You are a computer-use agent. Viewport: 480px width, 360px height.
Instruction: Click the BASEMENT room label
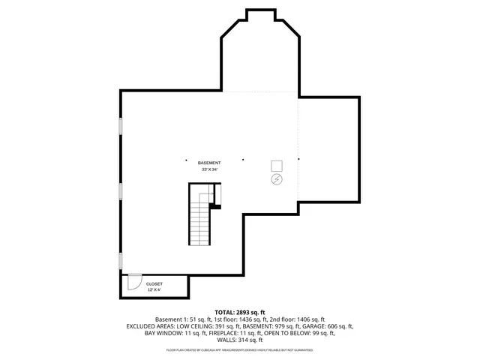point(209,163)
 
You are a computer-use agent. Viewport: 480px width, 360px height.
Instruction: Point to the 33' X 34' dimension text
point(209,170)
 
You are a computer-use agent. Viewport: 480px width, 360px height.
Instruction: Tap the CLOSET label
point(154,284)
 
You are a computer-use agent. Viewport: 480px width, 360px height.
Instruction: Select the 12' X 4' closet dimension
point(154,290)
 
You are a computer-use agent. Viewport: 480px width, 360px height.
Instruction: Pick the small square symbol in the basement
point(276,166)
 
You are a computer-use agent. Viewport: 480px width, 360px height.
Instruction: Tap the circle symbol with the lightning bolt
point(276,180)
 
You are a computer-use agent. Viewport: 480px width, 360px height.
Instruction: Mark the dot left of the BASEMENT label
point(187,159)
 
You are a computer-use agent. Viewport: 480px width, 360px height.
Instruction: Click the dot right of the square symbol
point(298,159)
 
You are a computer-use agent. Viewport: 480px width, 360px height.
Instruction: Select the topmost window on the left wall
point(121,126)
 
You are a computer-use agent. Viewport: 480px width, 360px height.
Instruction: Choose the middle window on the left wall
point(121,190)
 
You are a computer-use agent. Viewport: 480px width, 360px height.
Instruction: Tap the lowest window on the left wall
point(121,260)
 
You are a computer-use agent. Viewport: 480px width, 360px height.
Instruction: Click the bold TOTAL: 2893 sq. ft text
point(240,312)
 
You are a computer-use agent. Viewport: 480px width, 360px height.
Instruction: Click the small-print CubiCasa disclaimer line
point(240,349)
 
